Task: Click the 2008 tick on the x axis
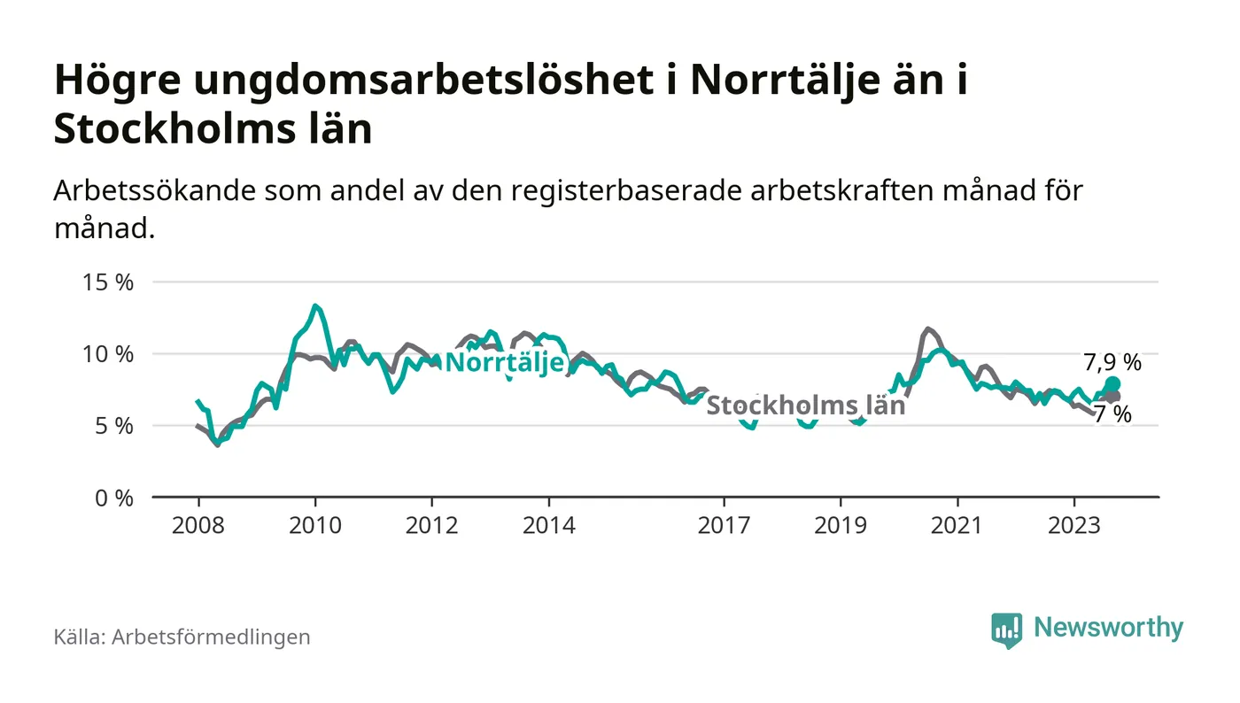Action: (x=198, y=525)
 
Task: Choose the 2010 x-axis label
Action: (x=314, y=525)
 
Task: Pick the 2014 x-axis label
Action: (x=549, y=525)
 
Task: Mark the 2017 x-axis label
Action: (x=725, y=525)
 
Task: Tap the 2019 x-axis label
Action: (x=841, y=525)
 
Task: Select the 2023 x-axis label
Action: (x=1074, y=525)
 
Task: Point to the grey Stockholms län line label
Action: (x=805, y=406)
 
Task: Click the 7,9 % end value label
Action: (x=1112, y=362)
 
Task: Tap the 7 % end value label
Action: (x=1112, y=414)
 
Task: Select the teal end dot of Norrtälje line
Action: (x=1113, y=384)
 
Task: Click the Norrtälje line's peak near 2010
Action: (x=314, y=306)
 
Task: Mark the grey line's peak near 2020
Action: (x=927, y=328)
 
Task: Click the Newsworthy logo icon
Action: (x=1007, y=630)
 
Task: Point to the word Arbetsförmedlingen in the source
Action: (x=211, y=637)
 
